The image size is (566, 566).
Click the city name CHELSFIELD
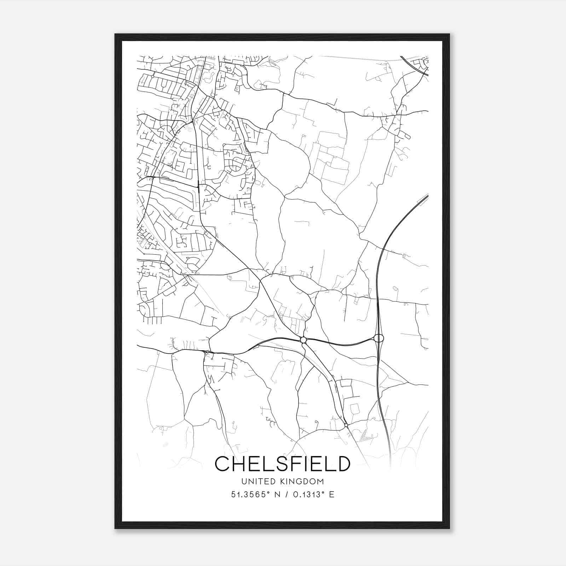click(x=283, y=464)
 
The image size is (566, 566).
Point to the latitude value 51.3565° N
click(x=254, y=495)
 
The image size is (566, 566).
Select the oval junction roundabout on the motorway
click(x=379, y=339)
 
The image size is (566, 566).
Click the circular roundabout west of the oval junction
click(x=303, y=340)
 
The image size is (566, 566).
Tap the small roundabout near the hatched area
click(x=346, y=425)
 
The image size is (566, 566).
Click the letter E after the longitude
click(x=331, y=495)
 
